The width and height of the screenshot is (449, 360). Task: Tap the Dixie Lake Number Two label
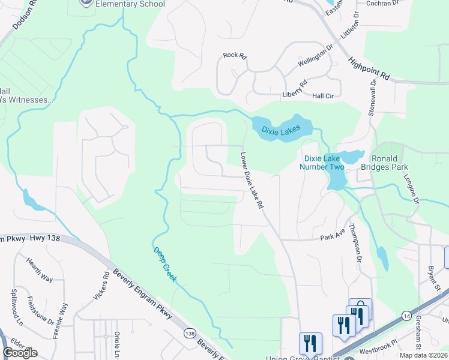[324, 163]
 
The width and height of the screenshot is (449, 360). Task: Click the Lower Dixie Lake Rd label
[253, 179]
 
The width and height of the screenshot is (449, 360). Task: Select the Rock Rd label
[235, 55]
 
